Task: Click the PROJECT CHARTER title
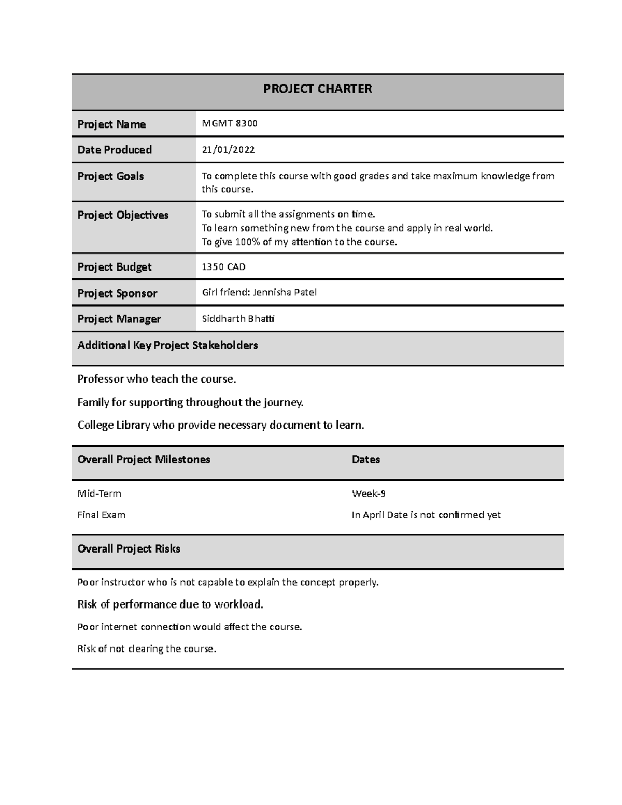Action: coord(317,89)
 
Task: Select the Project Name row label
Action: coord(111,124)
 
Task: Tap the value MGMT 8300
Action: coord(229,124)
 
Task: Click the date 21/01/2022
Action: coord(228,150)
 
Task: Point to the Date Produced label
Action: coord(115,150)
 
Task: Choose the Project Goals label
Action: coord(110,176)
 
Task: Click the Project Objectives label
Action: coord(123,215)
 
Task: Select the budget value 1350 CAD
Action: coord(223,267)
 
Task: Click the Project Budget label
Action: coord(115,267)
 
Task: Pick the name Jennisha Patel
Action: coord(285,292)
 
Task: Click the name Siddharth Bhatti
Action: coord(238,319)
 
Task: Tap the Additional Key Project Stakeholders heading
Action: coord(167,345)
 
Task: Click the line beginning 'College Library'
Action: coord(221,425)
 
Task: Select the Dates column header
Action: coord(366,460)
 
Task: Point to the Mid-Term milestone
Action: coord(99,493)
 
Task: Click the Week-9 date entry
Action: coord(369,493)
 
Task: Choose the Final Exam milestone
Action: coord(102,515)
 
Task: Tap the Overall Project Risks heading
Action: coord(129,549)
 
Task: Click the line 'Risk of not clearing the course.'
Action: coord(147,648)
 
